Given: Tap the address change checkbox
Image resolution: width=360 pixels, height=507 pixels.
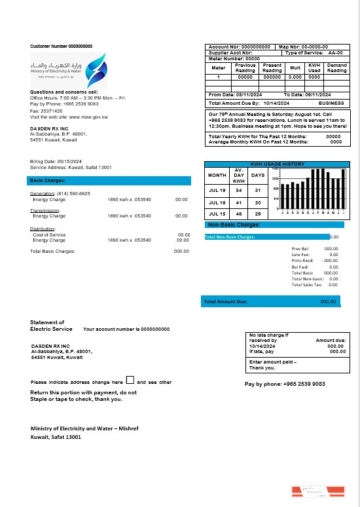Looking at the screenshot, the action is coord(130,380).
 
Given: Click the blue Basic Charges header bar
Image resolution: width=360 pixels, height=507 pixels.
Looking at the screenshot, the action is coord(110,180).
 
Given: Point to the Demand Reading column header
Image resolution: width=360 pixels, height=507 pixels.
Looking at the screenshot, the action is coord(337,67).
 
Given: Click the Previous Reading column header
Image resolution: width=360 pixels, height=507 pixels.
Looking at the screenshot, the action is coord(245,67).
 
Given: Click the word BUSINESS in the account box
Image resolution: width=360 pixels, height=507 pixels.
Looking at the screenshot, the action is coord(331,103).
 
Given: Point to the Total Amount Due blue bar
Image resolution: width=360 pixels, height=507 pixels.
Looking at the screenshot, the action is coord(270,301).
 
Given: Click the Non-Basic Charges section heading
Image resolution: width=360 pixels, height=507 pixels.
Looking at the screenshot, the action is coord(233,225).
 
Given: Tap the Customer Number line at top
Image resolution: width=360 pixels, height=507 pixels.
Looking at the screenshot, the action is coord(61,46).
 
